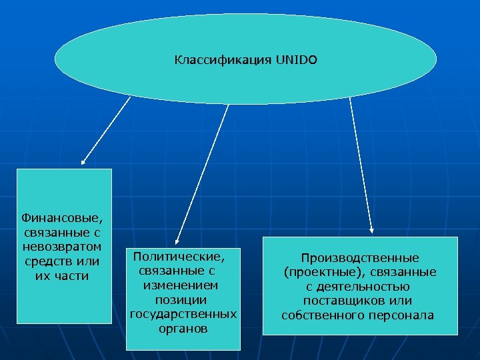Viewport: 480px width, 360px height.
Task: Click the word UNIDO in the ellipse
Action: pyautogui.click(x=296, y=60)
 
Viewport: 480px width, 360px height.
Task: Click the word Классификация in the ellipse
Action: pyautogui.click(x=222, y=60)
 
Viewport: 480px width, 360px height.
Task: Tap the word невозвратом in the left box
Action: pyautogui.click(x=63, y=247)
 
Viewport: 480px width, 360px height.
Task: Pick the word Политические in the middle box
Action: pyautogui.click(x=179, y=256)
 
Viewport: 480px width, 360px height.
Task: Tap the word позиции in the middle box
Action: pyautogui.click(x=184, y=300)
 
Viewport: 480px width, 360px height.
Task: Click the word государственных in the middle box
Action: pyautogui.click(x=183, y=315)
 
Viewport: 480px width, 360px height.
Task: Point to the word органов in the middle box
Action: pyautogui.click(x=183, y=329)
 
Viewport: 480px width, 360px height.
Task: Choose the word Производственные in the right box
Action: pyautogui.click(x=360, y=257)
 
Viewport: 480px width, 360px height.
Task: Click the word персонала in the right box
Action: pyautogui.click(x=403, y=316)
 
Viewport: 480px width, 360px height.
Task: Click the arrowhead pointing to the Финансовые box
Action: pyautogui.click(x=83, y=162)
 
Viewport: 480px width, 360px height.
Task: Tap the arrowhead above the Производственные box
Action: pyautogui.click(x=372, y=231)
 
